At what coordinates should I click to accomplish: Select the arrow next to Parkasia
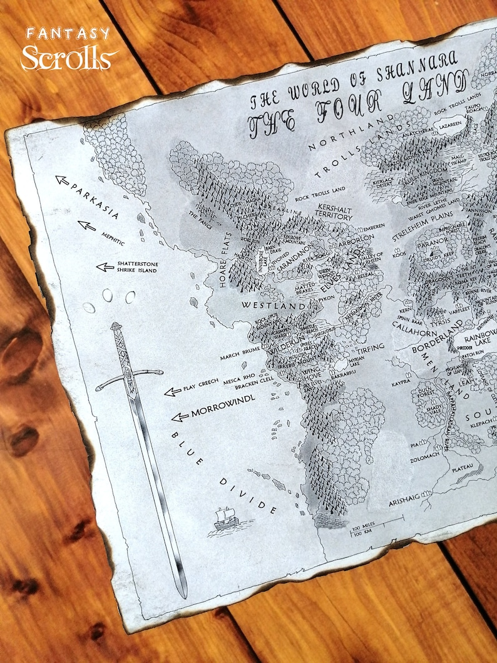(63, 180)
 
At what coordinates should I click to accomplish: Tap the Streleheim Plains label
(419, 229)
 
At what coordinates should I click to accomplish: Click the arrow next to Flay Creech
(169, 392)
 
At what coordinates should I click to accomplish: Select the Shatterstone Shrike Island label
(137, 267)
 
